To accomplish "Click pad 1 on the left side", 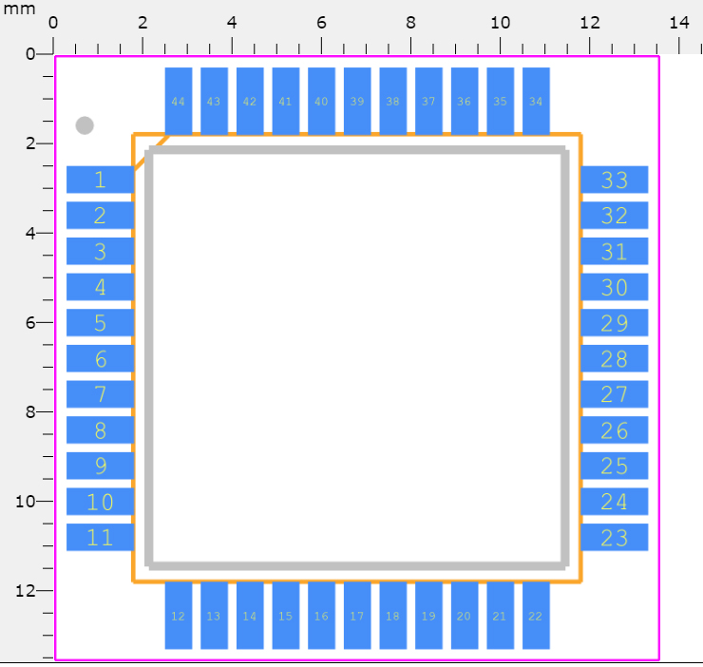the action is point(100,180).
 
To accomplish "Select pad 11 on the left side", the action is point(100,537).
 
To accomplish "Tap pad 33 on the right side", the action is point(615,180).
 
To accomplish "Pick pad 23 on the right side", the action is point(615,537).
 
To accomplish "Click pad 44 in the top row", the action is point(178,101).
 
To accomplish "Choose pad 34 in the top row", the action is point(536,101).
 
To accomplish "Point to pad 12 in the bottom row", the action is point(178,616).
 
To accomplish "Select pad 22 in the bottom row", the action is point(536,616).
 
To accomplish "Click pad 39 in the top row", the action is point(357,101).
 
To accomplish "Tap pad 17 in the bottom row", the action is point(357,616).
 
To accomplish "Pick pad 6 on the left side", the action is point(100,359).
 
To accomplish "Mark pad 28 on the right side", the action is point(615,359).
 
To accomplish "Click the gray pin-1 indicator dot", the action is point(85,124).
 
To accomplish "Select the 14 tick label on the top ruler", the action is point(679,22).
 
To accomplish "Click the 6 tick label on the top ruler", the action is point(321,22).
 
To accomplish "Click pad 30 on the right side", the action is point(615,287).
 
